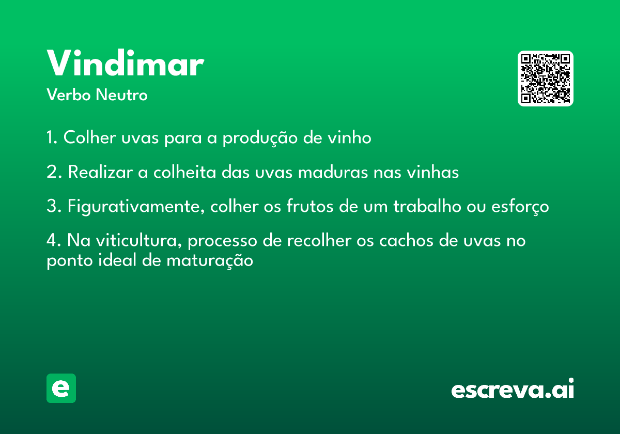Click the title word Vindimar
coord(126,63)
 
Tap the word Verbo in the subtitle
coord(69,95)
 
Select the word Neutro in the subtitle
coord(121,95)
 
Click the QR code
coord(545,79)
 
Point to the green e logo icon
coord(61,388)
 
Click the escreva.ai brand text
coord(513,388)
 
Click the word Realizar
coord(100,172)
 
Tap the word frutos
coord(309,206)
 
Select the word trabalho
coord(427,206)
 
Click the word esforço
coord(520,207)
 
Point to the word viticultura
coord(138,240)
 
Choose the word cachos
coord(406,240)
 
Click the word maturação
coord(210,261)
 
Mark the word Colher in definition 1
coord(90,137)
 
